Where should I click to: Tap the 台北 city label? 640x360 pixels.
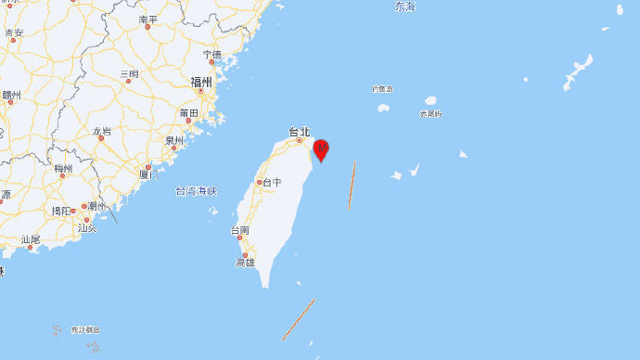(x=299, y=133)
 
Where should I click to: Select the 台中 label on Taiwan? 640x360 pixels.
(x=272, y=182)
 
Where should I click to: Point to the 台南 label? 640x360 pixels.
(x=240, y=229)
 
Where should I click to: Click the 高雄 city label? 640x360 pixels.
(x=245, y=264)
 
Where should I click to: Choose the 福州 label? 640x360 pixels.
(x=201, y=83)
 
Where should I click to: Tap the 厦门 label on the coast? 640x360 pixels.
(x=149, y=174)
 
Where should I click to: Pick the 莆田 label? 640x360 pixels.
(x=189, y=113)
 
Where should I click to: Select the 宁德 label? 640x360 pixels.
(x=211, y=54)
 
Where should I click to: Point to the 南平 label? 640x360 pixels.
(x=148, y=19)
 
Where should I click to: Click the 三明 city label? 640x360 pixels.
(x=129, y=73)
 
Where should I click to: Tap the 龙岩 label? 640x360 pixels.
(x=102, y=131)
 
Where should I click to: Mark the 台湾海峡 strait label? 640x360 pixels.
(x=195, y=191)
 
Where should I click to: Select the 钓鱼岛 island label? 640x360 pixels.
(x=382, y=89)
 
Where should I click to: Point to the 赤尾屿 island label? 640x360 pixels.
(x=430, y=114)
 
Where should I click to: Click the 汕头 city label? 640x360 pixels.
(x=87, y=227)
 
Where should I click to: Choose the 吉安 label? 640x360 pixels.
(x=14, y=32)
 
